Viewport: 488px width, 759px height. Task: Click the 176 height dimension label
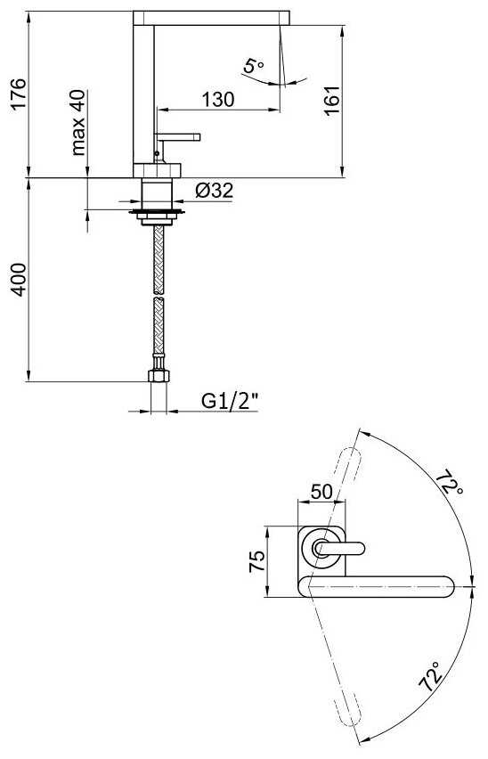click(19, 94)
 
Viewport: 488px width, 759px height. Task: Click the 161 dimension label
click(332, 101)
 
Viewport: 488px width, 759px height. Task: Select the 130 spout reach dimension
click(218, 99)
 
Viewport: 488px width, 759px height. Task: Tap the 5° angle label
click(253, 65)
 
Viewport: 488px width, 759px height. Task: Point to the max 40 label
click(77, 122)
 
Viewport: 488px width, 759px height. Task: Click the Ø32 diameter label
click(215, 191)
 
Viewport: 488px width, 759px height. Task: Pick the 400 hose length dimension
click(19, 280)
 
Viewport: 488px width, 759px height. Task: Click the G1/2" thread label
click(229, 401)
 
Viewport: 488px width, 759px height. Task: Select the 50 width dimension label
click(321, 492)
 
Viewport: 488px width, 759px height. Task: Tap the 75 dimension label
click(256, 561)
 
